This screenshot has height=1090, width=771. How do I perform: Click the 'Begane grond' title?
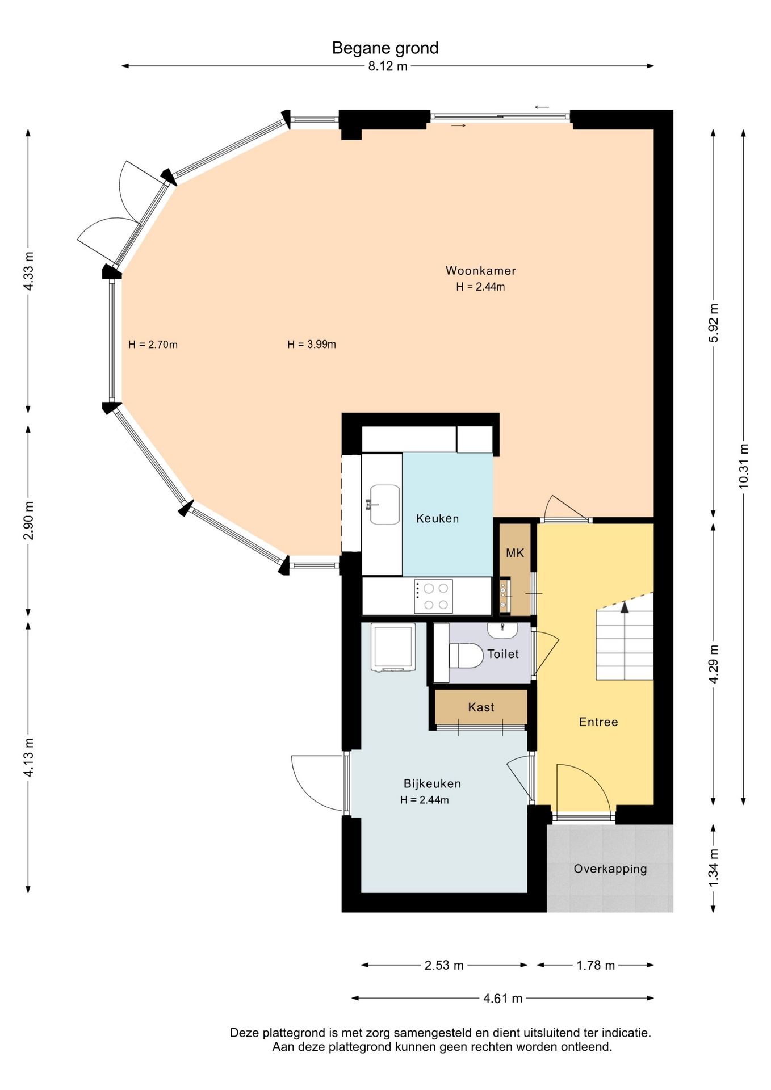tap(385, 48)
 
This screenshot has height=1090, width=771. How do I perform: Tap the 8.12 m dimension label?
tap(388, 66)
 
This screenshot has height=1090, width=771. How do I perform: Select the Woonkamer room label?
tap(480, 271)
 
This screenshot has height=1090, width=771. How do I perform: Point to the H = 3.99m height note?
tap(312, 344)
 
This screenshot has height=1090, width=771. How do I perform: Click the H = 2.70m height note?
tap(153, 344)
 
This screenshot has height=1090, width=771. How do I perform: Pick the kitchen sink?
tap(384, 504)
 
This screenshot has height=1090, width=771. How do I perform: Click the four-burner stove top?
tap(433, 596)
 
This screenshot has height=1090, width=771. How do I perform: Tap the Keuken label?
tap(437, 518)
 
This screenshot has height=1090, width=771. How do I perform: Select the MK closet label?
tap(515, 553)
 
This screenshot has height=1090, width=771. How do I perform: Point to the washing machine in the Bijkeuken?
tap(393, 648)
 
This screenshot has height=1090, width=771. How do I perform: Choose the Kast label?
tap(481, 707)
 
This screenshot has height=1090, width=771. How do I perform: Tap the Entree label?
tap(598, 722)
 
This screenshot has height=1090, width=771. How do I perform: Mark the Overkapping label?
tap(610, 869)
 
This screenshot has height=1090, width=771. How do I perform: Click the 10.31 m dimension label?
tap(744, 466)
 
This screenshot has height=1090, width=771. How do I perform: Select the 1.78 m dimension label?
tap(596, 966)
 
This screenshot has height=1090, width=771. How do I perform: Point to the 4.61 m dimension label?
tap(502, 999)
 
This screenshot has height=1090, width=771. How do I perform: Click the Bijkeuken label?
tap(432, 784)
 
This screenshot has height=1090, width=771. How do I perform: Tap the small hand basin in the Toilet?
tap(502, 630)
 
